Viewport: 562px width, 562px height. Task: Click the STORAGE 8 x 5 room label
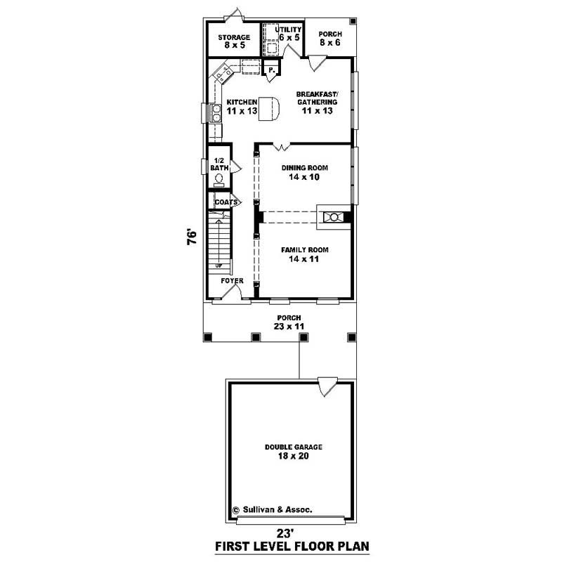[x=234, y=41]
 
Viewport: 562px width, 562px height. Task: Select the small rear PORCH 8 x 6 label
[x=329, y=38]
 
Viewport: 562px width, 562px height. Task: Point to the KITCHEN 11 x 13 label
[x=241, y=107]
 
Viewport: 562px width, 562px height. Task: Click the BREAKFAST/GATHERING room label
[x=317, y=103]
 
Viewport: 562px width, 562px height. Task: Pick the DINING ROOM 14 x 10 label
[x=304, y=173]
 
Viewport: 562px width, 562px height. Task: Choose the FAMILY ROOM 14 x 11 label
[x=304, y=254]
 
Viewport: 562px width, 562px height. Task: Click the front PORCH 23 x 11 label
[x=288, y=322]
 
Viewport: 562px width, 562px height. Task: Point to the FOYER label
[x=232, y=281]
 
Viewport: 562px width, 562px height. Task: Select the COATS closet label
[x=226, y=202]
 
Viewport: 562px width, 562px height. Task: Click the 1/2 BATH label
[x=219, y=164]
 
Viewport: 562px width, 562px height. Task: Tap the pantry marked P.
[x=270, y=70]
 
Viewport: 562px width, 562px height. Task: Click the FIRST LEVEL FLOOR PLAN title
[x=292, y=546]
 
